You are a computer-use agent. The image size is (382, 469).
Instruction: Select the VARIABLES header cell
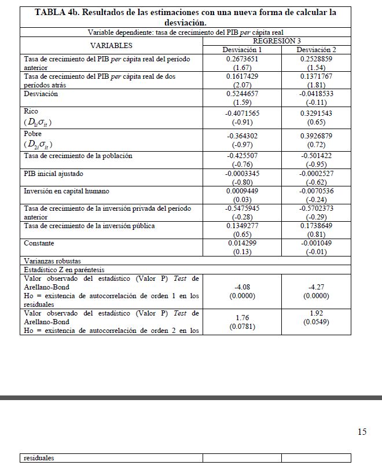111,45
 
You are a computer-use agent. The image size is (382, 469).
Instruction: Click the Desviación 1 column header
242,50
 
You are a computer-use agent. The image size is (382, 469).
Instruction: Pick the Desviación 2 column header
316,50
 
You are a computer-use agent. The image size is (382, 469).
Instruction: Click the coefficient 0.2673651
242,59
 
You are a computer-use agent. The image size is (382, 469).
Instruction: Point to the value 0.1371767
316,76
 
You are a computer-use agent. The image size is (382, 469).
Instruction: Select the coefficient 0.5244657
242,94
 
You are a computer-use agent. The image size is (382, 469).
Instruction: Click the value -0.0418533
316,94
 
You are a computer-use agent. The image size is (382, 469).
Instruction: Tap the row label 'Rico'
31,111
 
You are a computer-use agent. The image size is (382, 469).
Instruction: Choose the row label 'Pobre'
33,134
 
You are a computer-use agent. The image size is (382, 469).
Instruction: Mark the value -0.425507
242,156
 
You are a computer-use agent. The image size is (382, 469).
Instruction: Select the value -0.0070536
316,190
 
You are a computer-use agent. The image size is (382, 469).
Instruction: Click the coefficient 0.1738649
316,226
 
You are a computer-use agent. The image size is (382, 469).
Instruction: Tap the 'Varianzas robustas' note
52,261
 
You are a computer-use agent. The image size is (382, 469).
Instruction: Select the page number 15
362,431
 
